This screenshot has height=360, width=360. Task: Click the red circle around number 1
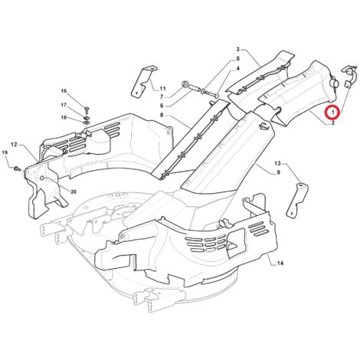pos(332,112)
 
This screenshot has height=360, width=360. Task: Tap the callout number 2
pos(333,123)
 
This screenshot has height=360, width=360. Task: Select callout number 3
pos(237,49)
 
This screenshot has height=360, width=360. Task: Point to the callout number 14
pos(280,263)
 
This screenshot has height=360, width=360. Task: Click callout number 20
pos(74,191)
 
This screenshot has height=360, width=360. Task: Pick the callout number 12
pos(14,145)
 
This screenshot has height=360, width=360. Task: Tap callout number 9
pos(278,172)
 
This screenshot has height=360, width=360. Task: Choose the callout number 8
pos(162,115)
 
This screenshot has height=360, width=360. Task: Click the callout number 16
pos(64,91)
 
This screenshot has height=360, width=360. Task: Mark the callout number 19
pos(5,152)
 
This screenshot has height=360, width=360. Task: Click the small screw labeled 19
pos(18,169)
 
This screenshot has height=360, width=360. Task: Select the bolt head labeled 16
pos(87,110)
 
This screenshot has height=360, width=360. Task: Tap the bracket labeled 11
pos(143,81)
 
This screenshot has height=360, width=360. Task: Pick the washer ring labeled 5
pos(202,90)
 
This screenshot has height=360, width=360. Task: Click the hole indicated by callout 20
pos(43,178)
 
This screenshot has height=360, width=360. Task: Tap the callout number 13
pos(277,163)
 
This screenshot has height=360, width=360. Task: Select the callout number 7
pos(162,97)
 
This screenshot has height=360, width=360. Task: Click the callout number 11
pos(162,89)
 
